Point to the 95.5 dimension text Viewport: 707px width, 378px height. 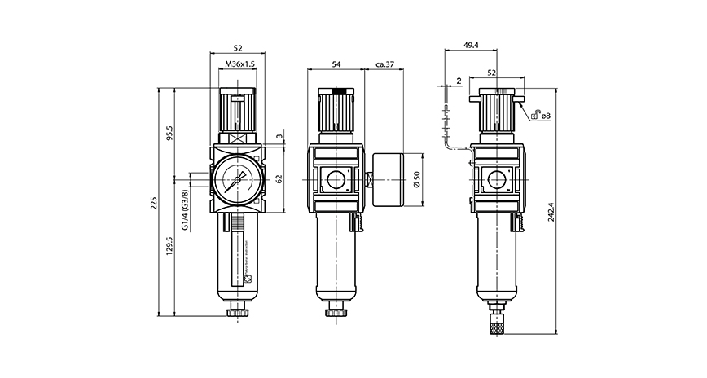coord(169,132)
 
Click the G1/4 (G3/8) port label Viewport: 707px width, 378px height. coord(186,211)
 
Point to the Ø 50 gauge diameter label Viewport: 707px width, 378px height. coord(417,178)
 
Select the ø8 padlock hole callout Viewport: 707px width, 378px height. coord(546,116)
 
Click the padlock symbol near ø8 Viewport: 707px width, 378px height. coord(534,116)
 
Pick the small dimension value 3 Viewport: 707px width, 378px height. coord(279,136)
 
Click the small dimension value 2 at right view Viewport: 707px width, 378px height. coord(460,81)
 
